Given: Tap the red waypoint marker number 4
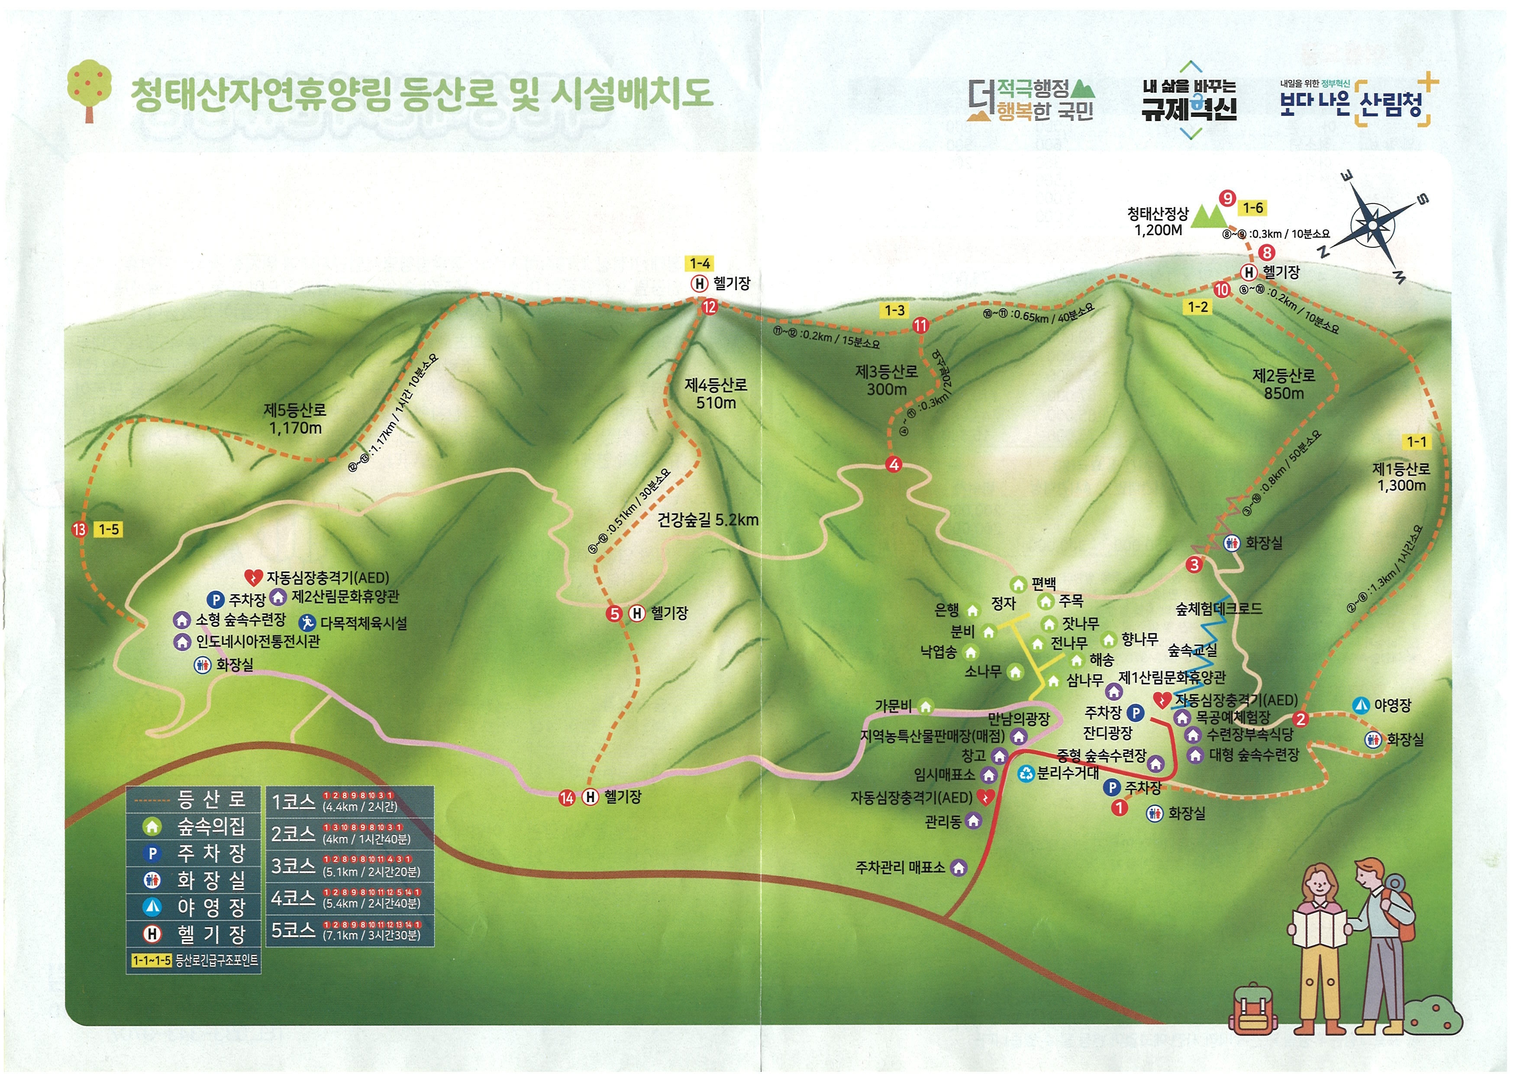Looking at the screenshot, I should [x=894, y=464].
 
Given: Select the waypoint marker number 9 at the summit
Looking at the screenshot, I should [x=1227, y=198].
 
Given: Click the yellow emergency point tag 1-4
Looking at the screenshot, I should [x=700, y=263].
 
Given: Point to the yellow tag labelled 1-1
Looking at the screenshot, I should [x=1417, y=442].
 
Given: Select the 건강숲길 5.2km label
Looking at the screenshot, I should [x=707, y=520].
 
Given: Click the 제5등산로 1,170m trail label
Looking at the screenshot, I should [x=295, y=419].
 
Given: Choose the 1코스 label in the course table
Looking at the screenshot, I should [x=294, y=802].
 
